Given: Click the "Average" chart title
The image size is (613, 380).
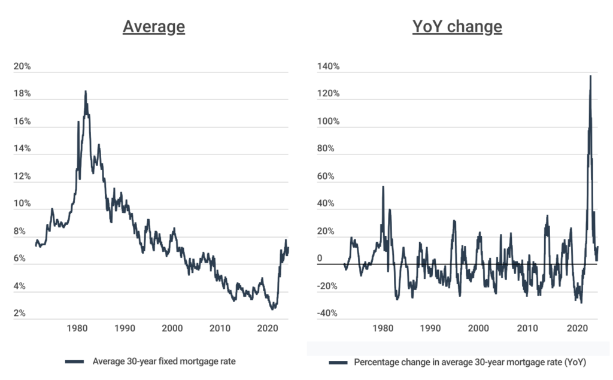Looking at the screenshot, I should (x=154, y=28).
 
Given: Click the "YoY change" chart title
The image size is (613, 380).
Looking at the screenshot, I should (x=457, y=28).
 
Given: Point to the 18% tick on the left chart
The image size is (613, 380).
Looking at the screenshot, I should (x=22, y=94).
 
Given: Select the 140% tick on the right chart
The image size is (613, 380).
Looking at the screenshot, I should (x=328, y=66).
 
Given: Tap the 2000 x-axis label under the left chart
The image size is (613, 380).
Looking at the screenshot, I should (x=172, y=328).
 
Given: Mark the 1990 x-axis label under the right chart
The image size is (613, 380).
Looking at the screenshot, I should (x=429, y=328).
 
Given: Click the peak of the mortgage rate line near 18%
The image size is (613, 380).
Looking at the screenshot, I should (x=86, y=92).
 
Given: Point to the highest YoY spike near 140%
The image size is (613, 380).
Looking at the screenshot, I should (x=590, y=75).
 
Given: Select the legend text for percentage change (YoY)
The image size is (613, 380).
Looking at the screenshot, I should (x=469, y=363).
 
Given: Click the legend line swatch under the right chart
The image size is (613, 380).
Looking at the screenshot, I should (x=338, y=363).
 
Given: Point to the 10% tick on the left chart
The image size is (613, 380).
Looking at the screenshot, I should (x=22, y=204).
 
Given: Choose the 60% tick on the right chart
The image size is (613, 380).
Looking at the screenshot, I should (x=328, y=177).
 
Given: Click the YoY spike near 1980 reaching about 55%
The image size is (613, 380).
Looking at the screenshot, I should (x=383, y=187).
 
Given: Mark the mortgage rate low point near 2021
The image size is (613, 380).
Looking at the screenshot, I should (x=273, y=309).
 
